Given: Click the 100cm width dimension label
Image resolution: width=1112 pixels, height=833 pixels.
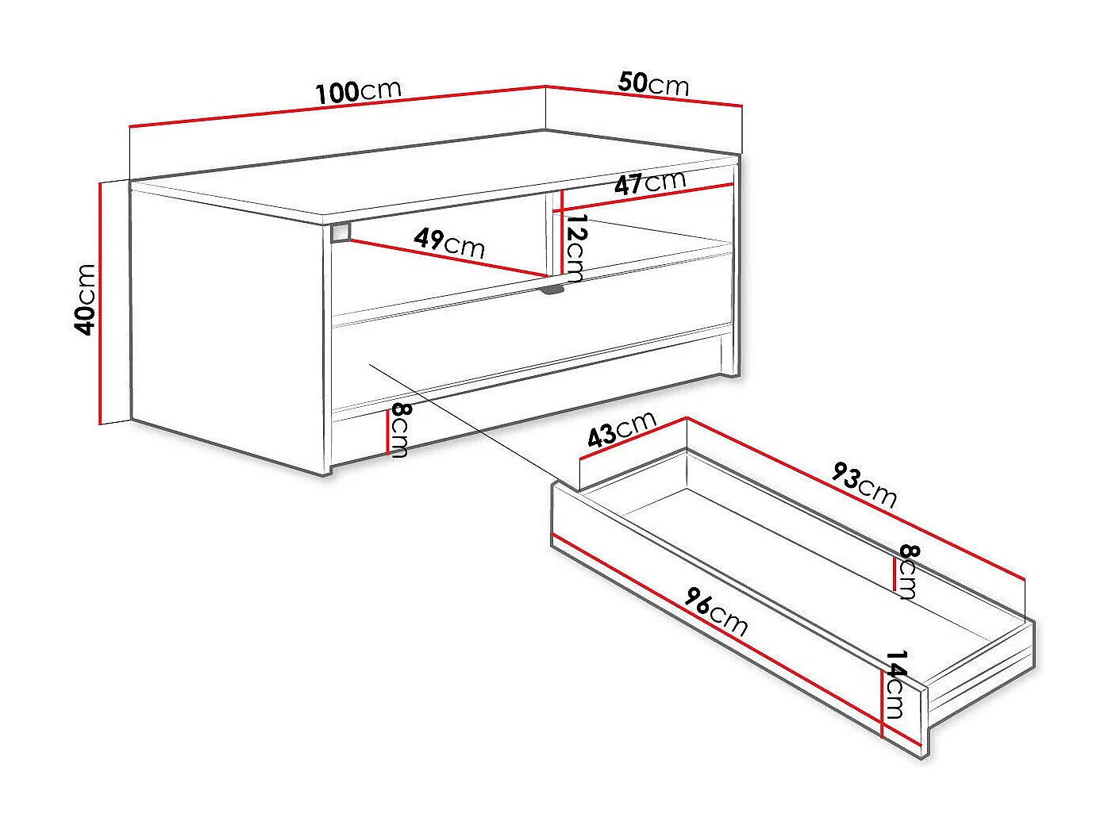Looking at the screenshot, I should [359, 91].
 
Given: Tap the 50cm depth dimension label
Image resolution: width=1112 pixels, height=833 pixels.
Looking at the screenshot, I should [653, 83].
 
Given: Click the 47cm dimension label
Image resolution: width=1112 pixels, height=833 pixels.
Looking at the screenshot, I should [650, 183].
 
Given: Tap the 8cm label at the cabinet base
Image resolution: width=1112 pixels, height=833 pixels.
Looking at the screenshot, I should [399, 429].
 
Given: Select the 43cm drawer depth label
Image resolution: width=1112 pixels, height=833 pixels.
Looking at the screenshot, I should [622, 429].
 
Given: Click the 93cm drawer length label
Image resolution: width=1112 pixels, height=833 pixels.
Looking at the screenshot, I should [864, 484].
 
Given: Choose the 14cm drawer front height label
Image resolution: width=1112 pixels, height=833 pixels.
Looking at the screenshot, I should [896, 684].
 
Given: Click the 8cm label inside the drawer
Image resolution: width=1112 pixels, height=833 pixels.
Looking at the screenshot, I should [907, 572].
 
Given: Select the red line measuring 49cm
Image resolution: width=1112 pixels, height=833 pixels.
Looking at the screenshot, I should [444, 258].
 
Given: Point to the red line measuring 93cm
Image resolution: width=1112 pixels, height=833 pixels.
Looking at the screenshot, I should [857, 499].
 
